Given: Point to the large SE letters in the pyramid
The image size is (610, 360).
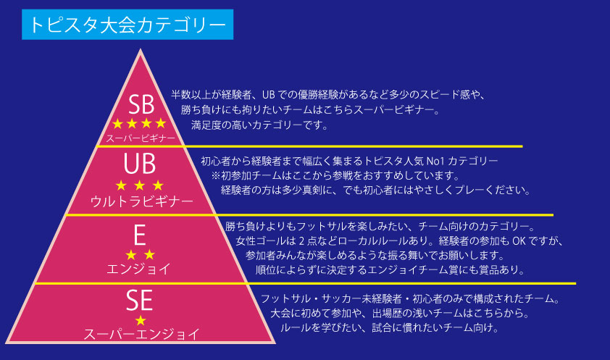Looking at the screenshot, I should (141, 298).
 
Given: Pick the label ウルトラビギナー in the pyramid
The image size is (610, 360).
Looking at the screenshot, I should (141, 200).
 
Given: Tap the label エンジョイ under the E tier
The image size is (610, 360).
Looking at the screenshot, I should (139, 269).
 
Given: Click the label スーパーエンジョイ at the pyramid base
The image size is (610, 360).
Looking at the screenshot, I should (141, 334).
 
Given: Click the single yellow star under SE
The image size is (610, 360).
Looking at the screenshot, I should (141, 319).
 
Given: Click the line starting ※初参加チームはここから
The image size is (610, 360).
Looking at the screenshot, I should (335, 175).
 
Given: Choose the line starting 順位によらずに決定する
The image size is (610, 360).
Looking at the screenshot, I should (390, 270).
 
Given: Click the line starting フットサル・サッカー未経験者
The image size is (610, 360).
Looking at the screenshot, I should (409, 298).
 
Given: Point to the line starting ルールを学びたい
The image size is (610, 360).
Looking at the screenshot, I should (390, 328).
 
